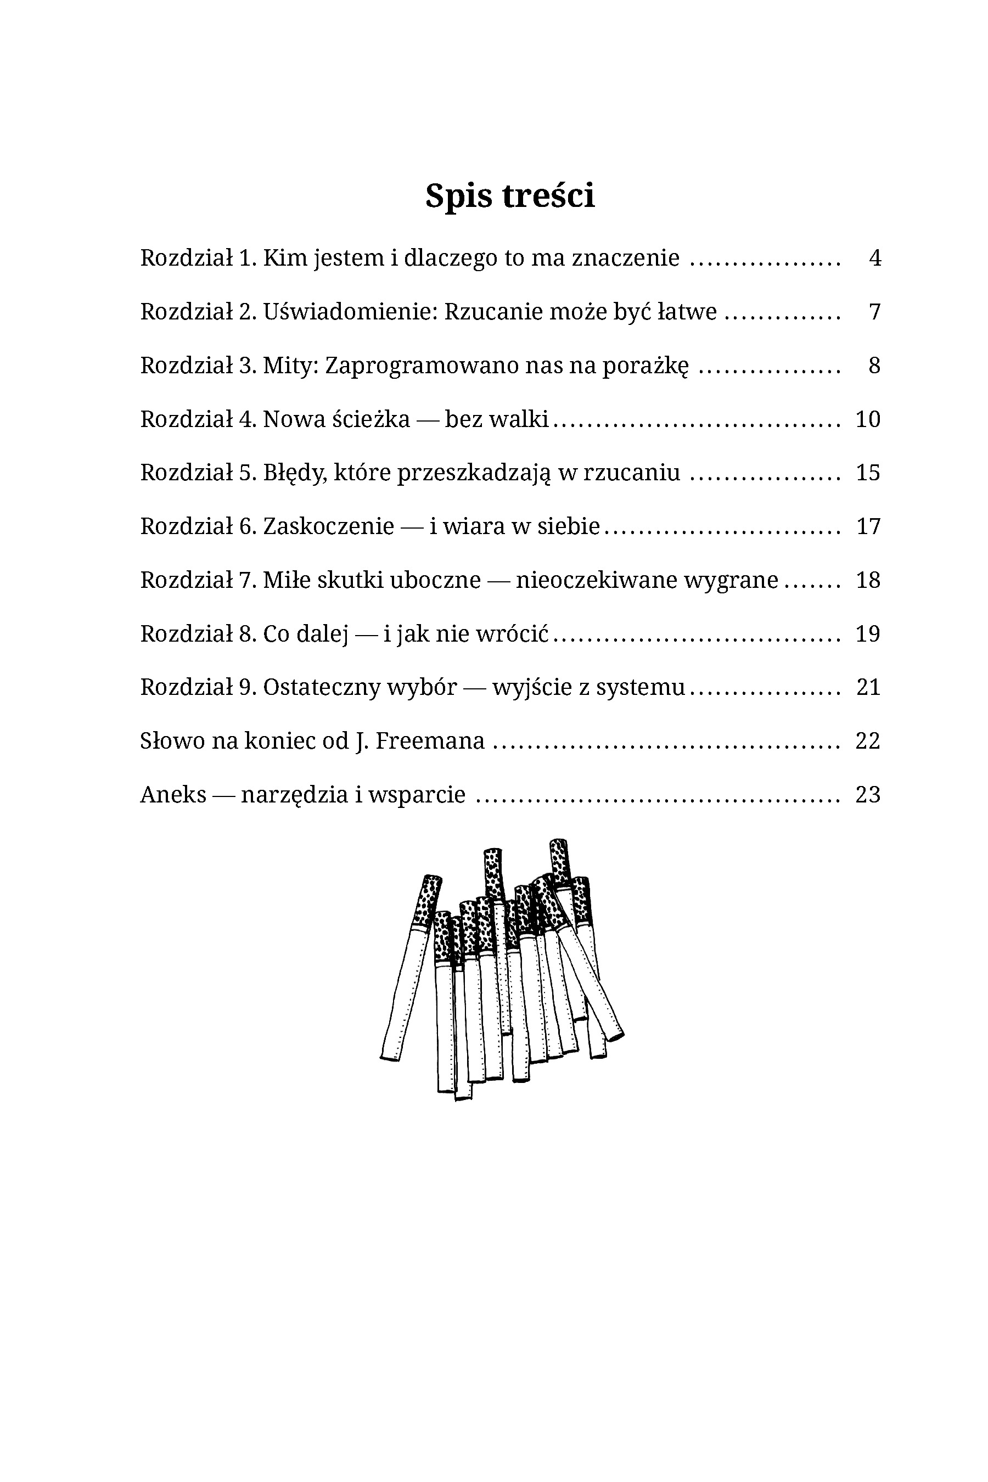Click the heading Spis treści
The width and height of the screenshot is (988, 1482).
point(510,196)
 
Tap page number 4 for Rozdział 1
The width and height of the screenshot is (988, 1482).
point(874,258)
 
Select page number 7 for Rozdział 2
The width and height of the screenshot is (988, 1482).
point(874,311)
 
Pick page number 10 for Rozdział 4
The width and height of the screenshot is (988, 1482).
point(868,419)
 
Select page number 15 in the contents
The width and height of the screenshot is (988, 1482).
point(868,473)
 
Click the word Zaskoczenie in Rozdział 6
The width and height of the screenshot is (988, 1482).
point(328,526)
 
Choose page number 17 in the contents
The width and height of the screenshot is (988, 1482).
point(868,526)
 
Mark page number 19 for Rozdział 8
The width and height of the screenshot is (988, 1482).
point(868,634)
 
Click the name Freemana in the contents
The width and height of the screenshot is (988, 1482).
point(430,741)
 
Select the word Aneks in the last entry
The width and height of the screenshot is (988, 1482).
point(173,795)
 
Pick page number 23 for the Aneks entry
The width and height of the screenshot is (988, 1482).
point(868,795)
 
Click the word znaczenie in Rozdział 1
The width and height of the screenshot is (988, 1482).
point(626,258)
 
